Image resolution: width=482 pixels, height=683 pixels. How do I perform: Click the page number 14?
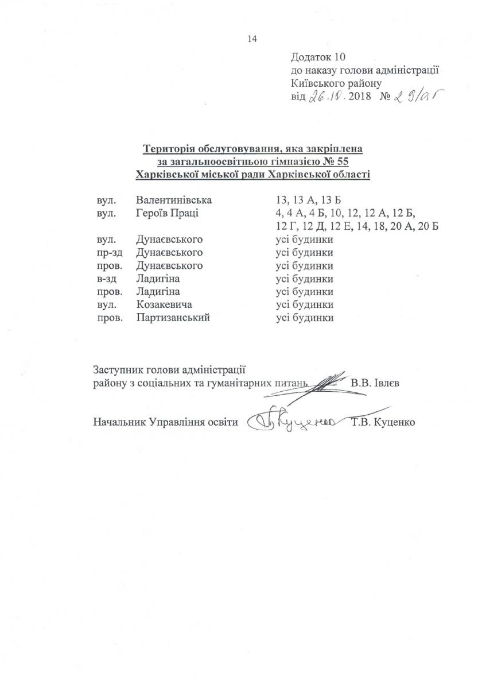coord(251,39)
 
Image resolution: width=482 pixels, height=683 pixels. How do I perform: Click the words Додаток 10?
coord(320,57)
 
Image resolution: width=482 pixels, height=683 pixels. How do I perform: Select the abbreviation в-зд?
coord(108,279)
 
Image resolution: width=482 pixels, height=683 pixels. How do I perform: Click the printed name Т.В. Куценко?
coord(384,423)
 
